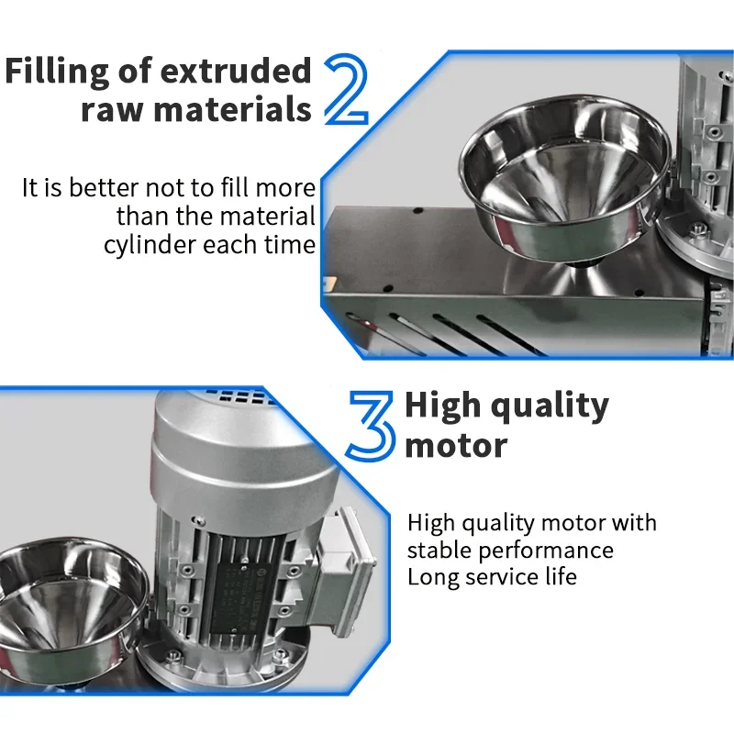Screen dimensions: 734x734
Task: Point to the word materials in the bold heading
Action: [233, 109]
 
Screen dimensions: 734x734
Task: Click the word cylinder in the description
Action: [150, 245]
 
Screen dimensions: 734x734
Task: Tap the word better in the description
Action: [104, 188]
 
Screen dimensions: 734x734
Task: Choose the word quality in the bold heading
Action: [550, 406]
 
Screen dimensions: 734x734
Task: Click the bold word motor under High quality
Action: [456, 445]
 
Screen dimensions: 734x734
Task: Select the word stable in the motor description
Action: [439, 550]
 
